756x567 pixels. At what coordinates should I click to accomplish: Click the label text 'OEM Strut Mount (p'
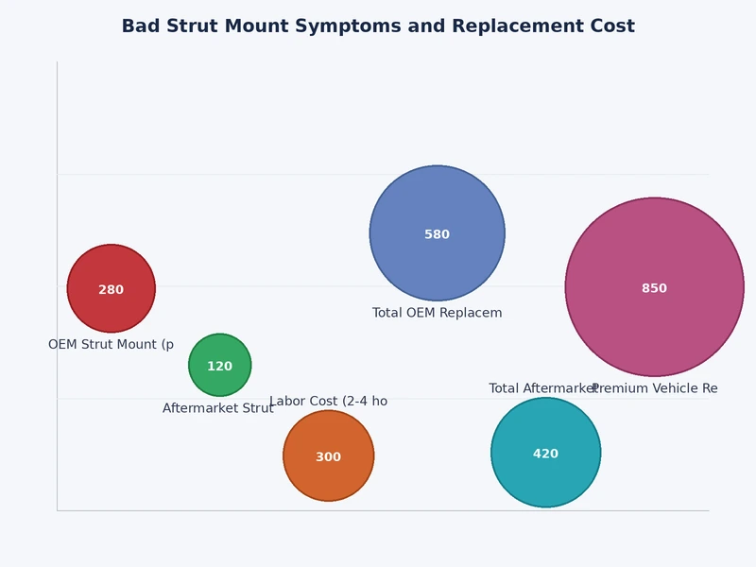click(111, 345)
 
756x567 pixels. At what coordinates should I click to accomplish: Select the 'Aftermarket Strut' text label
click(217, 408)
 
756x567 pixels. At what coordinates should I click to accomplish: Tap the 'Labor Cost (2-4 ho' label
click(328, 402)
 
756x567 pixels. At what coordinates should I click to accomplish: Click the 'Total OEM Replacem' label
click(437, 313)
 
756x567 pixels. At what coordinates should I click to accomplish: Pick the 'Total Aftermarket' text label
click(541, 388)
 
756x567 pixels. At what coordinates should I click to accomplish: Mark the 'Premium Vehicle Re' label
click(655, 388)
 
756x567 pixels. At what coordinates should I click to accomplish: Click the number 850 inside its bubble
click(654, 288)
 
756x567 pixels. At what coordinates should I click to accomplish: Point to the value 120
click(219, 366)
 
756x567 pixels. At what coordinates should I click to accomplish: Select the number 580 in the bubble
click(437, 234)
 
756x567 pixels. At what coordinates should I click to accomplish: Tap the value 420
click(545, 454)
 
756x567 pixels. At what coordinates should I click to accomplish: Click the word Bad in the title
click(140, 26)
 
